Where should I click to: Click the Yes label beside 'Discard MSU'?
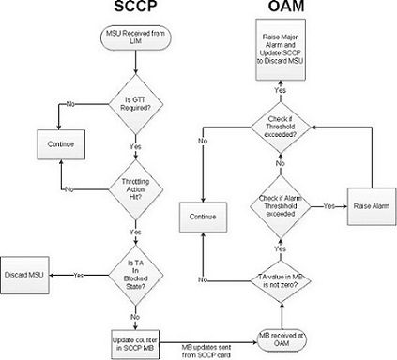(78, 275)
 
